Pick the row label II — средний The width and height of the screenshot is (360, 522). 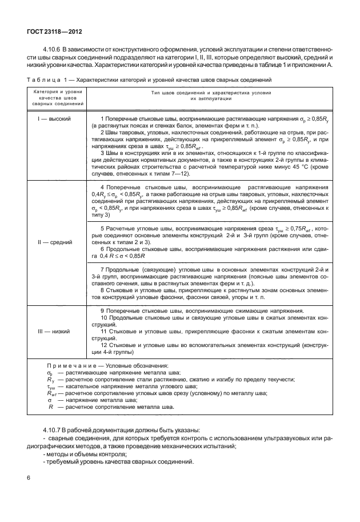tap(54, 242)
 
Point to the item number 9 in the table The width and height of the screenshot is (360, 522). tap(102, 311)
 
